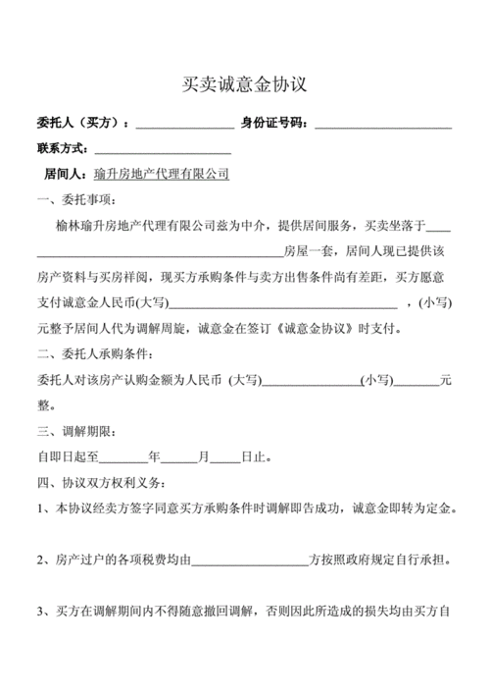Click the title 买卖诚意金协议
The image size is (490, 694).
point(245,85)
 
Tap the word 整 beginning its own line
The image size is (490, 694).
point(43,404)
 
